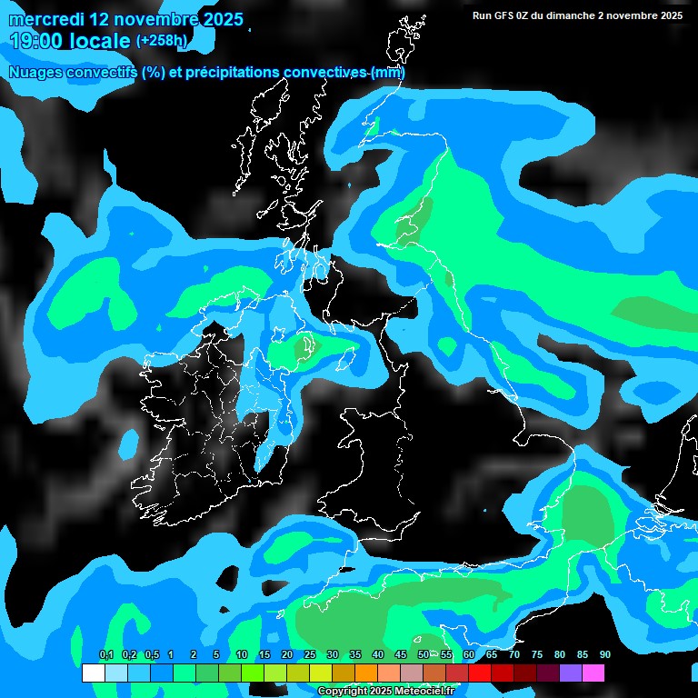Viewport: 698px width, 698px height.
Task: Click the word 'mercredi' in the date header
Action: tap(46, 19)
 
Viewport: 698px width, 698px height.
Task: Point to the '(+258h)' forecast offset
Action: tap(162, 41)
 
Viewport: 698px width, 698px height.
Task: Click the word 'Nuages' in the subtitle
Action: tap(35, 73)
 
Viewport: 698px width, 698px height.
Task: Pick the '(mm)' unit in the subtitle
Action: tap(388, 73)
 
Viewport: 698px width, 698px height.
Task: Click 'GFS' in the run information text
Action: tap(504, 15)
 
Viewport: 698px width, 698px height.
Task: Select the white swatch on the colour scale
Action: tap(93, 673)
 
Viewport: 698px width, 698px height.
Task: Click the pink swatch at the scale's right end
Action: tap(593, 673)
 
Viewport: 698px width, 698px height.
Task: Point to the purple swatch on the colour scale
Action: tap(571, 673)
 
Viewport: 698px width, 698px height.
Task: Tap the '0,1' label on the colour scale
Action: tap(106, 655)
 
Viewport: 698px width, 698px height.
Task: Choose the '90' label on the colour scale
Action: tap(604, 655)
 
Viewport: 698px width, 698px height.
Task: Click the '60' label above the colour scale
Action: tap(468, 655)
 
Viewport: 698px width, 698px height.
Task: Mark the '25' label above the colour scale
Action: tap(309, 655)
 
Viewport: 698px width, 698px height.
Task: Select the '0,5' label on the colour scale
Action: tap(152, 655)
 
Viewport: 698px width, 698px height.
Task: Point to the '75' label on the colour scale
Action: tap(536, 655)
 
